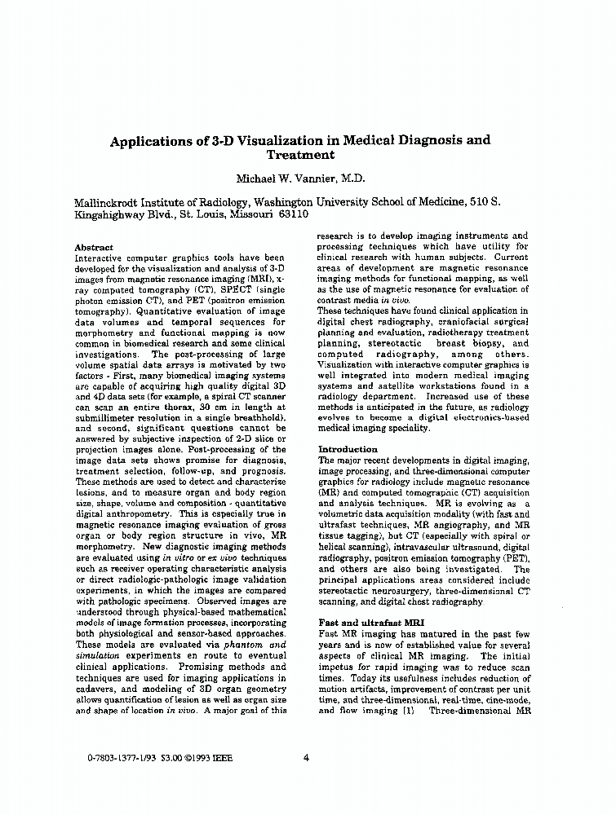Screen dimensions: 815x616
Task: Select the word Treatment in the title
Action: [x=300, y=155]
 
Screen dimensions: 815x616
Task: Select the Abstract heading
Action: [x=93, y=247]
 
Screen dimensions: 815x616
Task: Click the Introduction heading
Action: [x=348, y=449]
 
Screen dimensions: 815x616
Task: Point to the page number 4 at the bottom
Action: [x=306, y=757]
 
